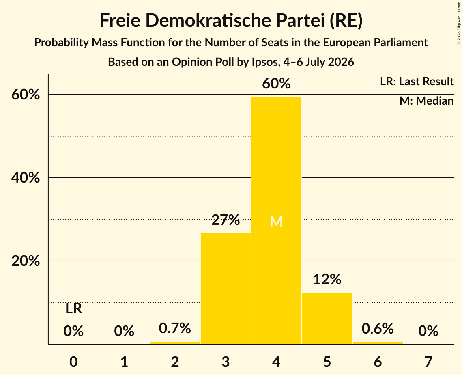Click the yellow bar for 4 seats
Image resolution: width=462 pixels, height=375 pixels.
[276, 220]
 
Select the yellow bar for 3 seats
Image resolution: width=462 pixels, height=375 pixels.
[226, 288]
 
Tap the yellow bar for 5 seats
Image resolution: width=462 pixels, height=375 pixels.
[327, 318]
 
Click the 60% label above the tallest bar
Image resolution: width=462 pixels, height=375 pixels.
[276, 84]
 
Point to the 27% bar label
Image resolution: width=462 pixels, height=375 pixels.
[226, 220]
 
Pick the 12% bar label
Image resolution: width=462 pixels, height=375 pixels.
[327, 279]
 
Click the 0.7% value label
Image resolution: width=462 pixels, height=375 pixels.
[175, 328]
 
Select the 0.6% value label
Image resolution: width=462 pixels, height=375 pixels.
[378, 328]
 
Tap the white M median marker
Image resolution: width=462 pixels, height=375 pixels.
[276, 222]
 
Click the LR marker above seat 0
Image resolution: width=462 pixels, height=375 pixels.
[74, 309]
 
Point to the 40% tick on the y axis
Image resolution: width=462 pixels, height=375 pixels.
[25, 178]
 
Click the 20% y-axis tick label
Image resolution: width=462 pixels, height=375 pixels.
[25, 261]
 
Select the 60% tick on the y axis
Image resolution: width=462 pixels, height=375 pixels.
[25, 95]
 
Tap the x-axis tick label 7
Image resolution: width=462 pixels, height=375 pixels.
[428, 362]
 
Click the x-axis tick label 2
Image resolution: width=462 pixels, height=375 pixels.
[175, 362]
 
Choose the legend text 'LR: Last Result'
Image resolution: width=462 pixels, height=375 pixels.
[417, 81]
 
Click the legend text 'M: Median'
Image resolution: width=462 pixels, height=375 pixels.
[426, 101]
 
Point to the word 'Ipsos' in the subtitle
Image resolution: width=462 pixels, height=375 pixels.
[264, 62]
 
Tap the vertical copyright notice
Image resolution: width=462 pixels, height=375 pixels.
[459, 23]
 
